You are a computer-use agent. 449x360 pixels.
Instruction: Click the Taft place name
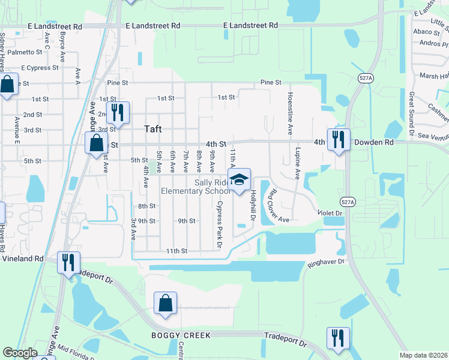154,128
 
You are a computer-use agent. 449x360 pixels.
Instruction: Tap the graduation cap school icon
239,179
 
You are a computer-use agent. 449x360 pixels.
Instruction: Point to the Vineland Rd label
22,258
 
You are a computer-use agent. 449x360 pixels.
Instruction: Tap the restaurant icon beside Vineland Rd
68,262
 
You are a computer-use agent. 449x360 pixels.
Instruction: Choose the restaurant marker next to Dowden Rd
338,139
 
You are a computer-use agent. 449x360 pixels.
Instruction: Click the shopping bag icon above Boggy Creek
165,303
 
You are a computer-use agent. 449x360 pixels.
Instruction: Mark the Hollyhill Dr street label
253,204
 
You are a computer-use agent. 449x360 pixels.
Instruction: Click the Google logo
20,353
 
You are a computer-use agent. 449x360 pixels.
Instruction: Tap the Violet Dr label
330,213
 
